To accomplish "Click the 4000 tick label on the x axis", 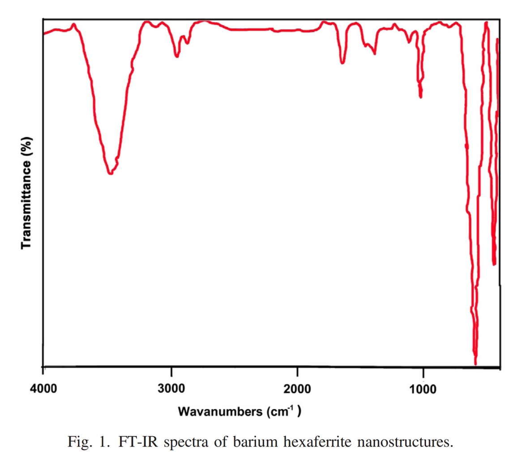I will pyautogui.click(x=43, y=386).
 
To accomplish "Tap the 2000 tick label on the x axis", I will pyautogui.click(x=297, y=386).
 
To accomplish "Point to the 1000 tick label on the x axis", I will pyautogui.click(x=423, y=386).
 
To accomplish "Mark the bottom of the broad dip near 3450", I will pyautogui.click(x=110, y=173).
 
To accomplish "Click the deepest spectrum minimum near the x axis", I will pyautogui.click(x=475, y=363).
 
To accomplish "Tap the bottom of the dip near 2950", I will pyautogui.click(x=177, y=56).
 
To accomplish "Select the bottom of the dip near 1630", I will pyautogui.click(x=342, y=63).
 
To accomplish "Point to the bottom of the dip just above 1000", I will pyautogui.click(x=420, y=96).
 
